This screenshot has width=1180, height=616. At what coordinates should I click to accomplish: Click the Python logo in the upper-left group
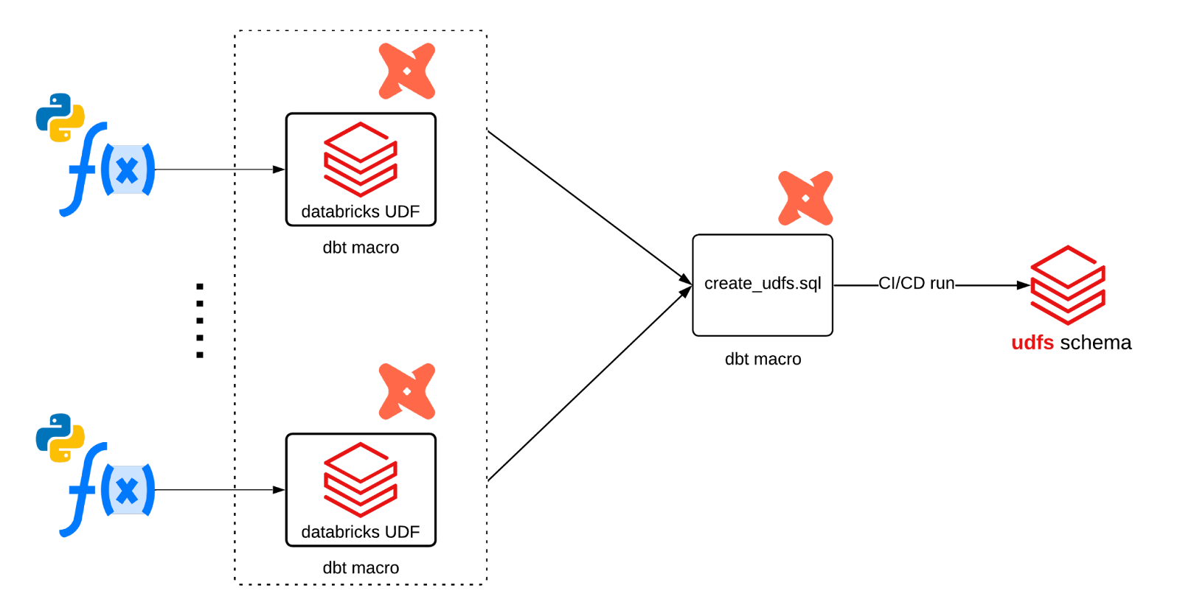click(60, 117)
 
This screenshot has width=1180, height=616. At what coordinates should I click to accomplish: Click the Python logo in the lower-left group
click(60, 438)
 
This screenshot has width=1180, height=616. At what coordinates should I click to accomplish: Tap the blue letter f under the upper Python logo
click(83, 169)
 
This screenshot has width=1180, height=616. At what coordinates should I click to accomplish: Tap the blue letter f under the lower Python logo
click(83, 490)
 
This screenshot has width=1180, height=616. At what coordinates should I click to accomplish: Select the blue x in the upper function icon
click(128, 170)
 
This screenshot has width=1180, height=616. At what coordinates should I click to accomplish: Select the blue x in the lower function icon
click(128, 491)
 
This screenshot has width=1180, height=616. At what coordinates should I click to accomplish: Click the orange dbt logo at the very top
click(407, 71)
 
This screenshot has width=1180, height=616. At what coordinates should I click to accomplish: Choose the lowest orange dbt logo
click(407, 391)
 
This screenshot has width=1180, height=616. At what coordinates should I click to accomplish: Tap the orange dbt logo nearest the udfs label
click(805, 198)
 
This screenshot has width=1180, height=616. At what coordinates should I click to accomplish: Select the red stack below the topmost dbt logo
click(361, 159)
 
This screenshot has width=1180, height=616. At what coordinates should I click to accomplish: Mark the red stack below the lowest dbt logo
click(361, 480)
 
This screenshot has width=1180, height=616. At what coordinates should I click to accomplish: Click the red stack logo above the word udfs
click(1068, 285)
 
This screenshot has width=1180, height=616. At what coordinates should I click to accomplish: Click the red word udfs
click(1032, 343)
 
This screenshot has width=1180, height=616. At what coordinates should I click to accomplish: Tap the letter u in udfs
click(1017, 343)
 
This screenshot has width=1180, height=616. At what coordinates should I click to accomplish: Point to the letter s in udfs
click(1049, 343)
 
